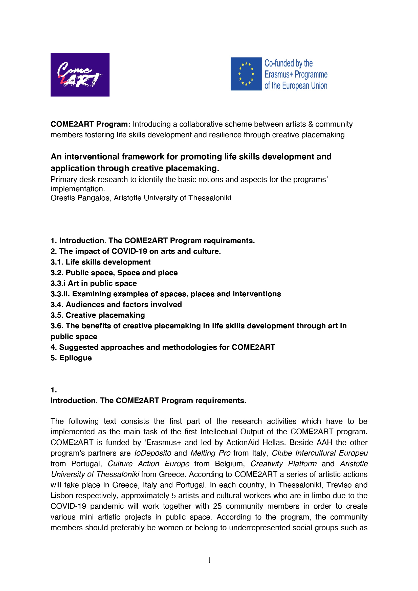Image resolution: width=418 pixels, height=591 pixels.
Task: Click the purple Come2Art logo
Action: (80, 75)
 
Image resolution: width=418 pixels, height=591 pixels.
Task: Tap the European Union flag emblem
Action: (246, 74)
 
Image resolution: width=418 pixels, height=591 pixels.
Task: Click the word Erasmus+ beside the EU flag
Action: (279, 74)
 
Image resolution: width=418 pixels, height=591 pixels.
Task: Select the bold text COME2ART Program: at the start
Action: (90, 124)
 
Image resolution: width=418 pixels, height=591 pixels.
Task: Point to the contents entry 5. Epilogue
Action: (71, 358)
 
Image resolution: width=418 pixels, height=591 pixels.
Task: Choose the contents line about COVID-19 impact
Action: (136, 251)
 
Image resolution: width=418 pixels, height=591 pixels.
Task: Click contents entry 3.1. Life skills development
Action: (100, 262)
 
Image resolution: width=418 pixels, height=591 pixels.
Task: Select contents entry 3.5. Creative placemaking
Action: (98, 315)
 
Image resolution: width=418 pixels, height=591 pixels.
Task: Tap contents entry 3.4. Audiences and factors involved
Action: (116, 304)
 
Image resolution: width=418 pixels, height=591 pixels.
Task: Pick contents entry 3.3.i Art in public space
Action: (94, 283)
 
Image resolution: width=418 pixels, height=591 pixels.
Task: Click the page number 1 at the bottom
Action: (209, 560)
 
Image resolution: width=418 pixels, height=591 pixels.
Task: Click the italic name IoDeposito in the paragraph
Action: (153, 453)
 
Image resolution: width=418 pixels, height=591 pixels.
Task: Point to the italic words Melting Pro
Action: (210, 453)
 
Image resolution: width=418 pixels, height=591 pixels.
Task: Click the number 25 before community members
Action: (217, 506)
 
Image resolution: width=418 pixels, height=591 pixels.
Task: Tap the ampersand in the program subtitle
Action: (311, 124)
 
